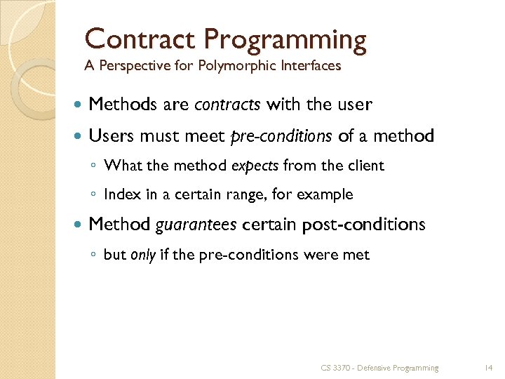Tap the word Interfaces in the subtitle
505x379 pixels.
[x=309, y=66]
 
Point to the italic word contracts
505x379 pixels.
[x=227, y=105]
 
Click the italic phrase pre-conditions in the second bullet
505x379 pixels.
[x=282, y=136]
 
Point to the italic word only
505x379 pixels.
[x=143, y=255]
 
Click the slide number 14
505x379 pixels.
[x=489, y=367]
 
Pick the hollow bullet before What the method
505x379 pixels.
[x=94, y=166]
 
